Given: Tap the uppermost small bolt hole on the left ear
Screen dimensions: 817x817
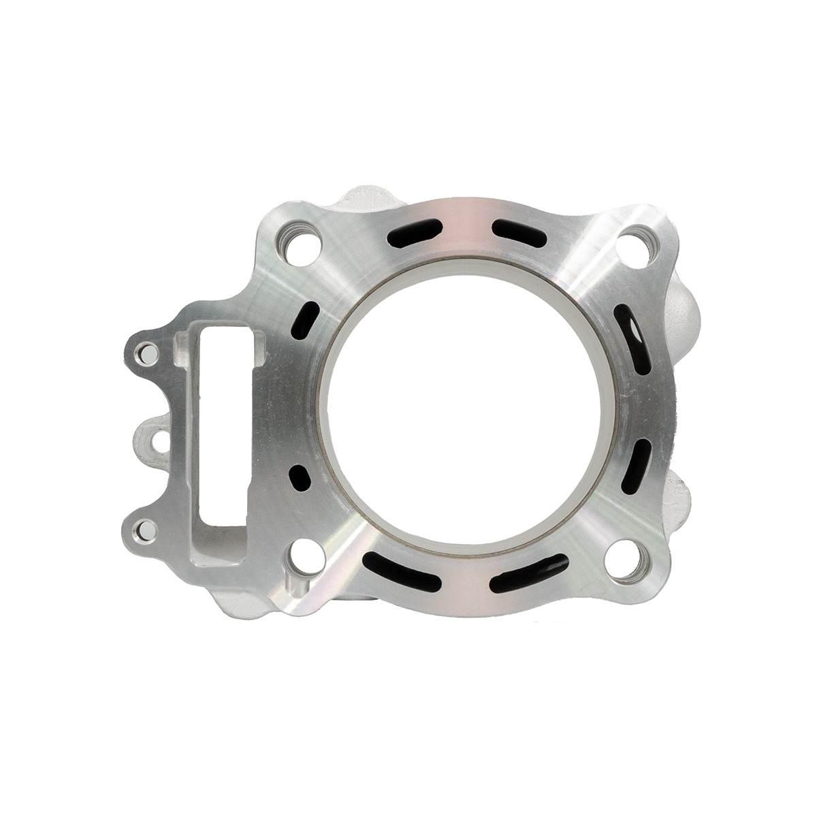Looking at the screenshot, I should click(x=144, y=352).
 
